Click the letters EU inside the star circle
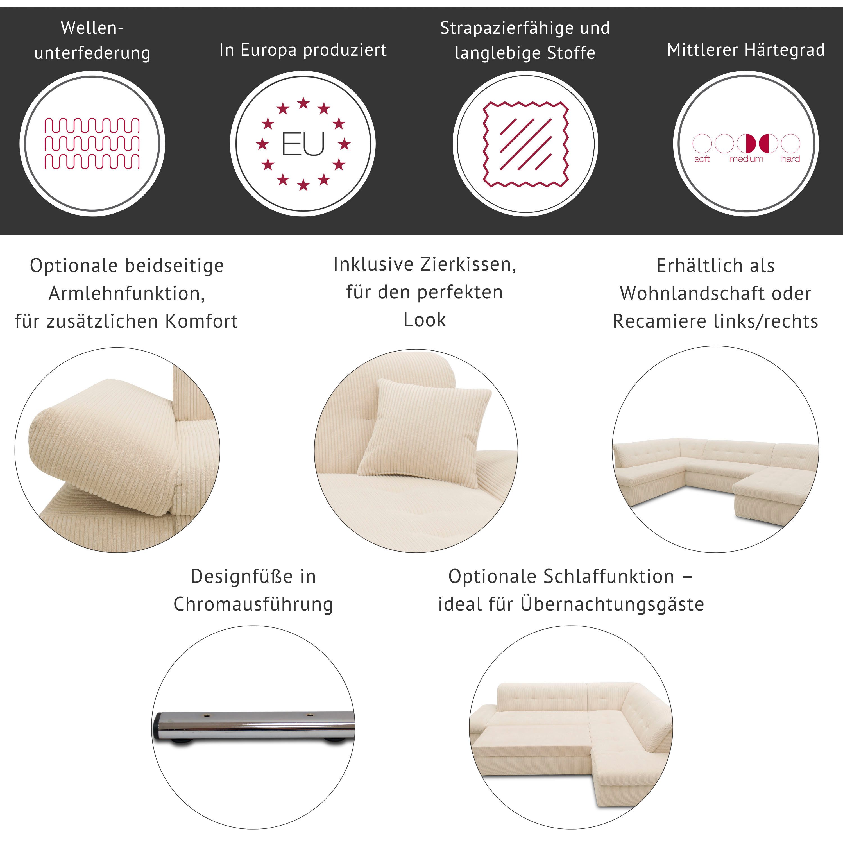303,144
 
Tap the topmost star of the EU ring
303,103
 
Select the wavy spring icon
92,144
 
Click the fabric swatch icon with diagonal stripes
526,144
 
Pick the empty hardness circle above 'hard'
790,143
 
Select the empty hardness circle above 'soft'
702,143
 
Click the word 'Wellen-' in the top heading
92,28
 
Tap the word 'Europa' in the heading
269,50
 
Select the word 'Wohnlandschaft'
693,293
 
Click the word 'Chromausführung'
253,604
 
